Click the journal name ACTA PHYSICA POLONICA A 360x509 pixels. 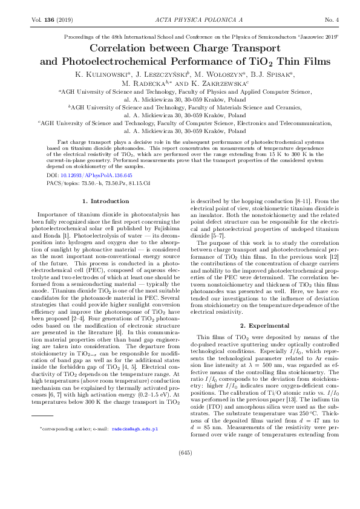[180, 21]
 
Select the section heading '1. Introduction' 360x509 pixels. [105, 201]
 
